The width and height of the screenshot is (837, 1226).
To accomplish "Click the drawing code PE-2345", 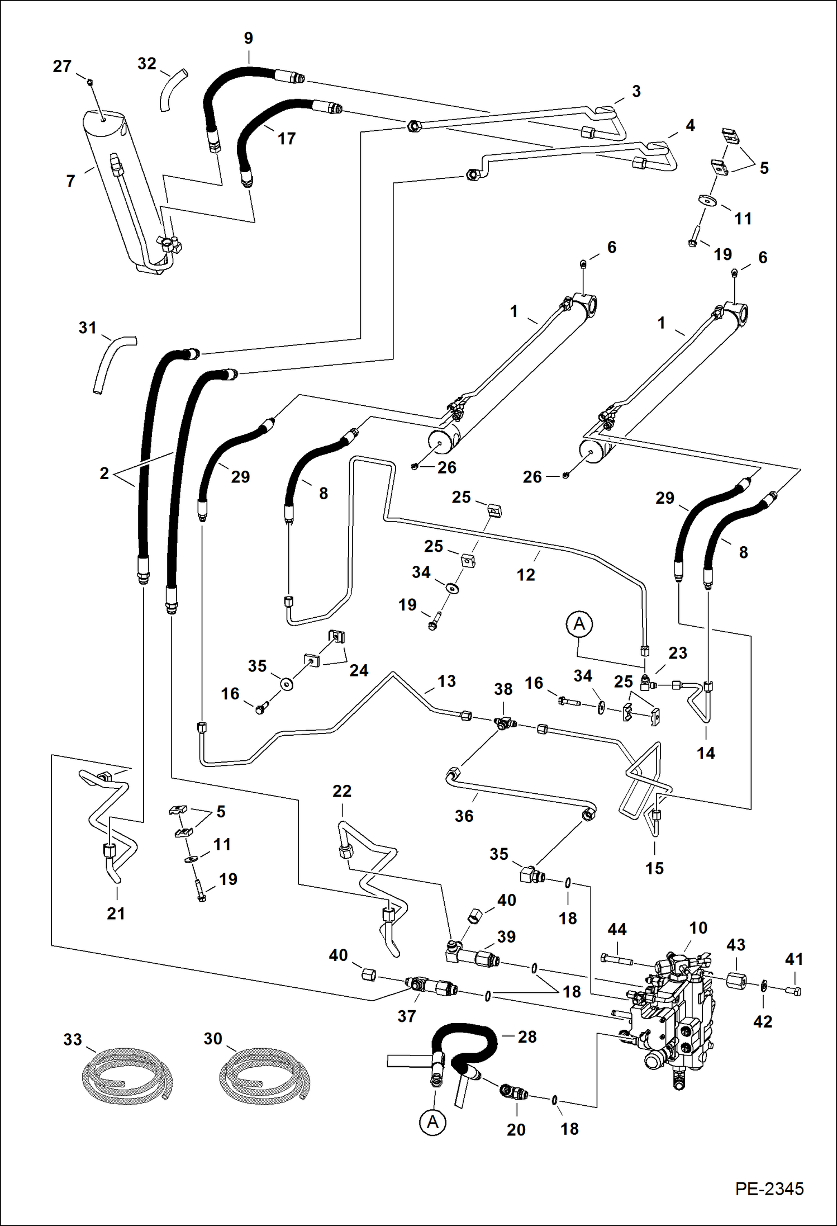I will [x=769, y=1189].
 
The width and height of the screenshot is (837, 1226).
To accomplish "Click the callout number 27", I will [x=62, y=67].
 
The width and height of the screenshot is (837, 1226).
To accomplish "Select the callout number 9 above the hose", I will [x=249, y=39].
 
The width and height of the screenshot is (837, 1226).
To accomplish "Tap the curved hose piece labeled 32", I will [x=170, y=89].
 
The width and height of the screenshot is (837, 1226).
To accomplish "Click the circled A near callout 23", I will [x=579, y=623].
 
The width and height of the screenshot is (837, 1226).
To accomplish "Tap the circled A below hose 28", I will [x=433, y=1122].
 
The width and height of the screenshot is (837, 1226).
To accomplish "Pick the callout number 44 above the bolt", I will [x=617, y=930].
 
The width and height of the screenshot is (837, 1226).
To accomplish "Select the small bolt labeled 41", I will [x=796, y=991].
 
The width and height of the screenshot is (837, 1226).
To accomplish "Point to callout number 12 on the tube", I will [x=525, y=575].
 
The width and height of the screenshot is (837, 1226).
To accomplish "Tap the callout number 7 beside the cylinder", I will [x=70, y=181].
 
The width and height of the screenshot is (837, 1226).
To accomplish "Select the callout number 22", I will [x=342, y=791].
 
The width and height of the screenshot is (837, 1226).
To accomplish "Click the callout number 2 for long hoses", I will [x=104, y=474].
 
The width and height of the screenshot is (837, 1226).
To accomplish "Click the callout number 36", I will [x=464, y=816].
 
